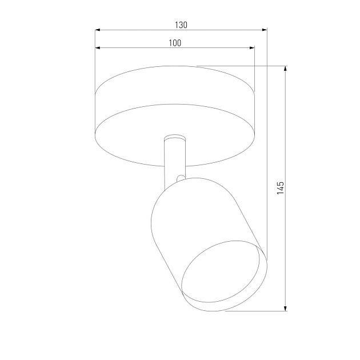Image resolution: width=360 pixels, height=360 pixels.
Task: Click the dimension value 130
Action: pos(181,25)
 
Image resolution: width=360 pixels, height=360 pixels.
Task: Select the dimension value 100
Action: pos(175,43)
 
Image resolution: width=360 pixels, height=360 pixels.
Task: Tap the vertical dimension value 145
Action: pos(280,188)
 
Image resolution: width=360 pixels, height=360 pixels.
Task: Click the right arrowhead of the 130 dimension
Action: pos(263,30)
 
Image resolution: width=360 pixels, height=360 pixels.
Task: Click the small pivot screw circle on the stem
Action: pos(181,178)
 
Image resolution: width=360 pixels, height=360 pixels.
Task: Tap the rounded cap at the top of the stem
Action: pos(174,138)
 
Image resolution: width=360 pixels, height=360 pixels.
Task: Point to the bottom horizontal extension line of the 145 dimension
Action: pos(257,312)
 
